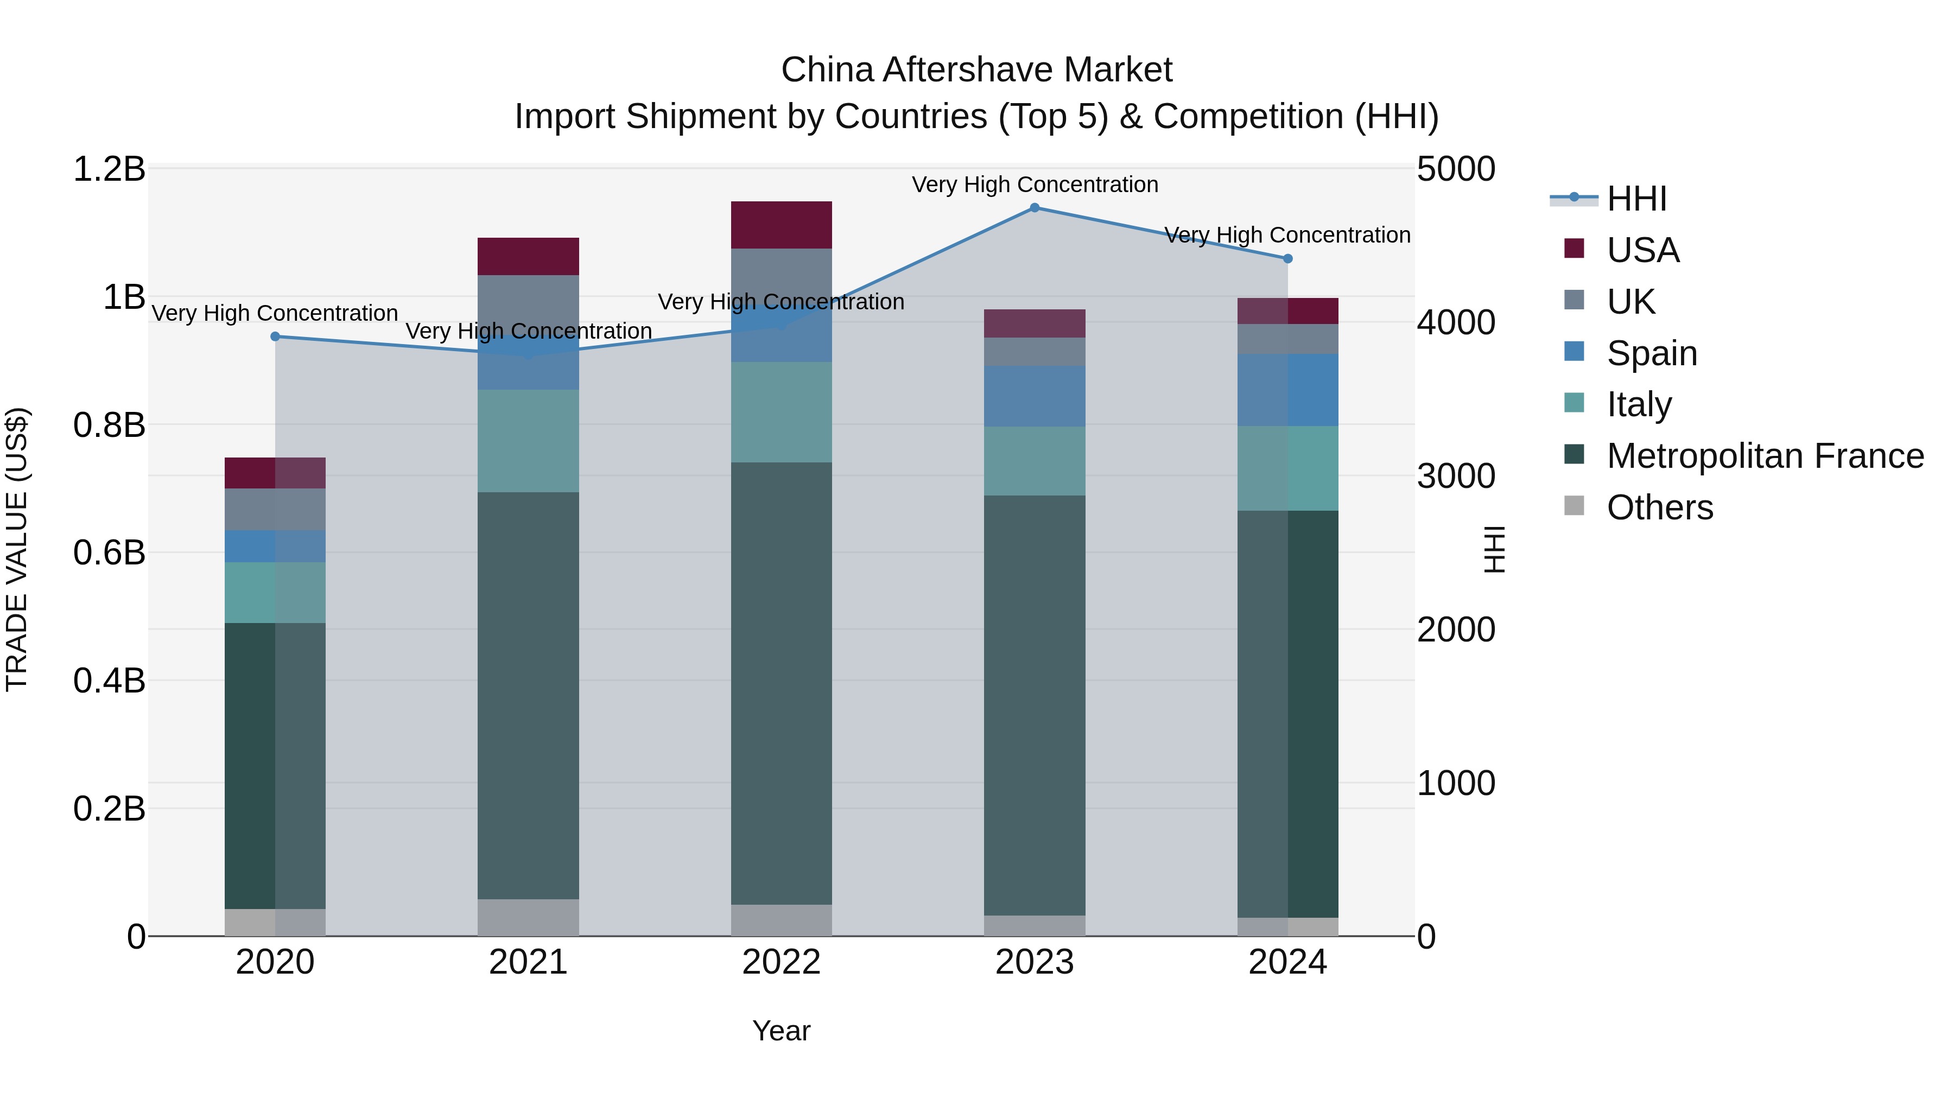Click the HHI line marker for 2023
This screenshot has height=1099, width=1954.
(1034, 208)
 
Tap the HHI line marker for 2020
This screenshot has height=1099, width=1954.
(275, 336)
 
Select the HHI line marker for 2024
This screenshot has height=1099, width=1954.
(1287, 259)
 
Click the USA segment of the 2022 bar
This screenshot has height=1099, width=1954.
(781, 225)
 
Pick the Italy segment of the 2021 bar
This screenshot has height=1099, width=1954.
(528, 441)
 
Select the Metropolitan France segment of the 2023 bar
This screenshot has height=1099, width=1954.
(1034, 706)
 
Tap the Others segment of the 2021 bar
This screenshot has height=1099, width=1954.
(528, 917)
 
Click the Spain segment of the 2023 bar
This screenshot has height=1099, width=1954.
(1034, 396)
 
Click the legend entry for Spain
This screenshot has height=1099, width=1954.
(1651, 353)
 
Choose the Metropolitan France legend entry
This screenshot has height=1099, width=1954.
(1765, 456)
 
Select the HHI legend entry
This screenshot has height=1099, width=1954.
(1636, 199)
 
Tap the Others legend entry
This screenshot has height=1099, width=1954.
(1659, 507)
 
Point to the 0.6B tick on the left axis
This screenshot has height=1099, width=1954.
(109, 553)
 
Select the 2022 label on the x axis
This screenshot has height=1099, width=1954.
(781, 962)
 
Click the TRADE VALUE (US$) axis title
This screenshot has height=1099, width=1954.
(17, 549)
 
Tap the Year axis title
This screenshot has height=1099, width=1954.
(781, 1031)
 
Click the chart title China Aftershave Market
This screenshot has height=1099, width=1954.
(976, 70)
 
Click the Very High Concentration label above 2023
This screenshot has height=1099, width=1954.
(1034, 185)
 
